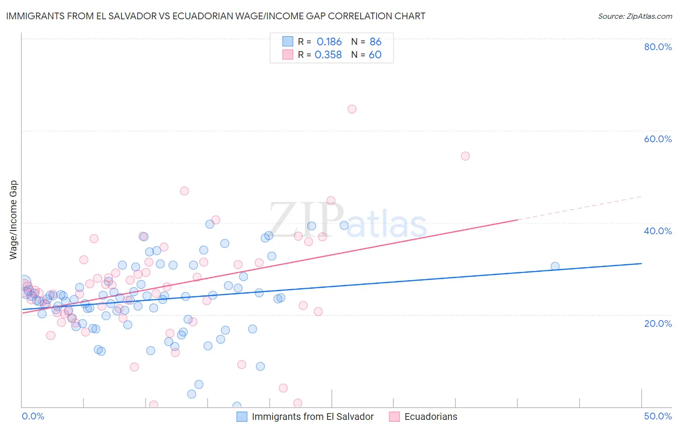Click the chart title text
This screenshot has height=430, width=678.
(x=215, y=16)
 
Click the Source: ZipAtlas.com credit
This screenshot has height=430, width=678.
(x=635, y=16)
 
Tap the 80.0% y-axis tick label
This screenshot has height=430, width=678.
(x=658, y=47)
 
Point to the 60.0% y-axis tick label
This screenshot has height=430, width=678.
(x=658, y=139)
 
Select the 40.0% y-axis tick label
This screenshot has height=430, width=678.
(x=658, y=231)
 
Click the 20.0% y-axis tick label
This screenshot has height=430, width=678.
(x=658, y=323)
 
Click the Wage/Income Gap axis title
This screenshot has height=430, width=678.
(x=14, y=220)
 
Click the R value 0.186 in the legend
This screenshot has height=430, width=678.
(x=329, y=42)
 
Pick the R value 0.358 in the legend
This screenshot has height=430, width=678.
(x=328, y=55)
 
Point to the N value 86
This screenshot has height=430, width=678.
(x=375, y=42)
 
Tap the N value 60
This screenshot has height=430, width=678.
(x=375, y=55)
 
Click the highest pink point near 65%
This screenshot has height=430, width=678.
(x=352, y=109)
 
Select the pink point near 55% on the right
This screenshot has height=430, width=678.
(x=465, y=156)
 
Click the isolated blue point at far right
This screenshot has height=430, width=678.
(x=555, y=266)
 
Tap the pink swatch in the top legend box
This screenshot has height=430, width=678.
(x=288, y=54)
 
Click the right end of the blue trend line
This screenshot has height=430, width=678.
(x=641, y=264)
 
